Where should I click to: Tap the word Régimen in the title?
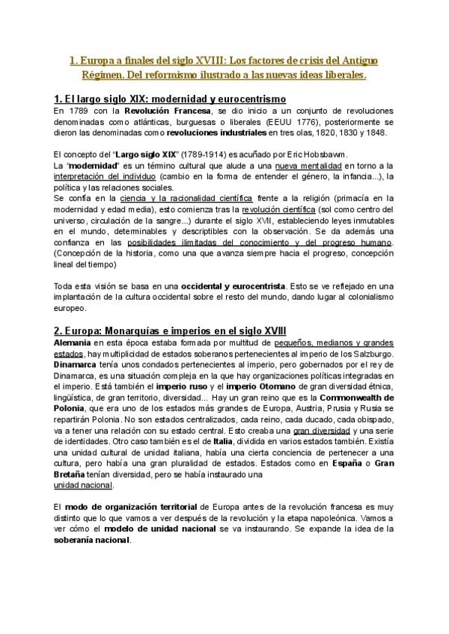pos(103,75)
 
